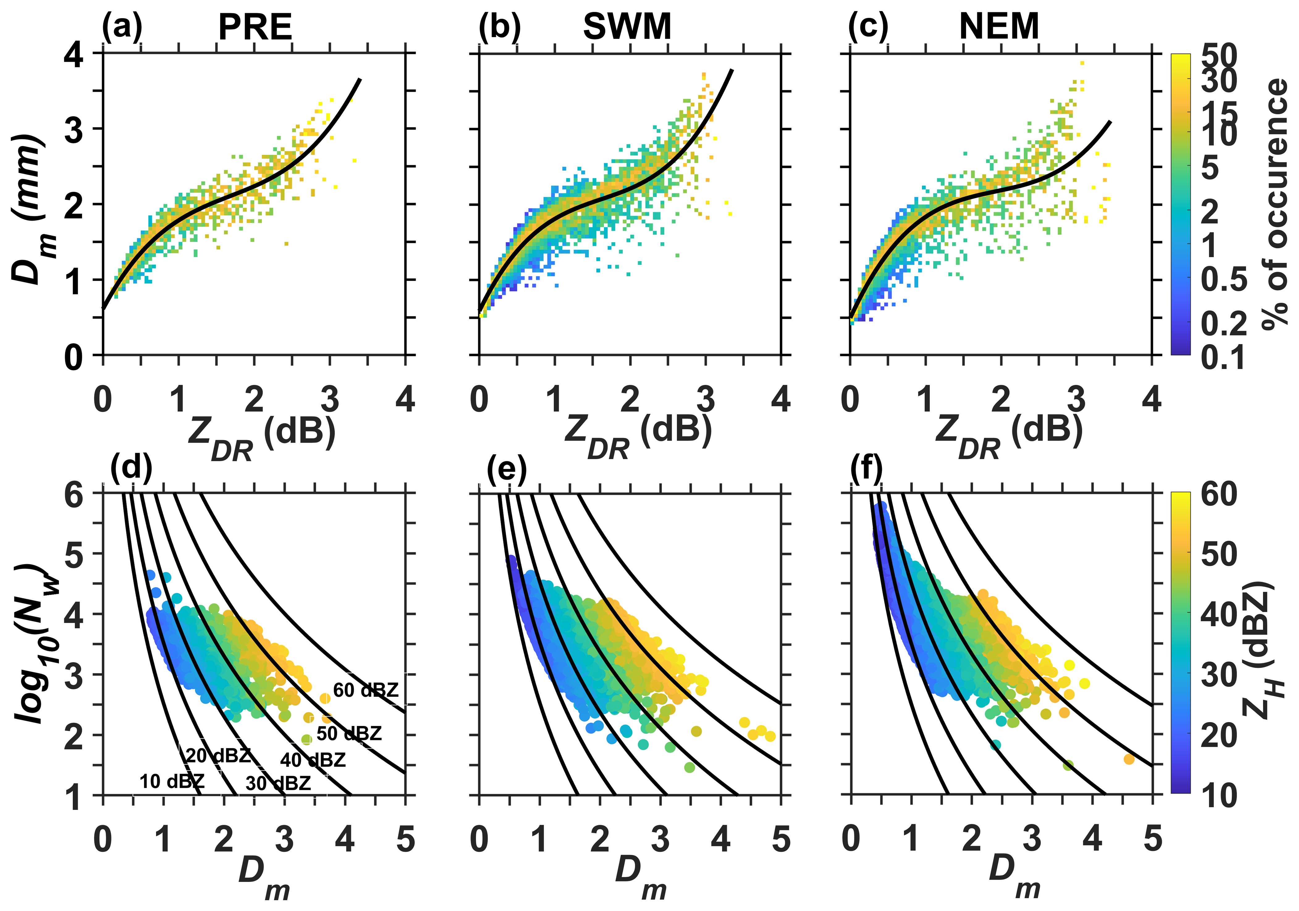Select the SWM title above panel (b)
click(x=627, y=27)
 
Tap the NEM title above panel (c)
click(x=999, y=27)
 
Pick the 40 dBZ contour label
click(x=313, y=759)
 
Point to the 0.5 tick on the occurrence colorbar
click(x=1224, y=279)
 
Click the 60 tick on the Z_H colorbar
click(x=1219, y=494)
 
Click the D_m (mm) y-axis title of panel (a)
click(x=28, y=209)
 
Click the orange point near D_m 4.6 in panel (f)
click(x=1129, y=759)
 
